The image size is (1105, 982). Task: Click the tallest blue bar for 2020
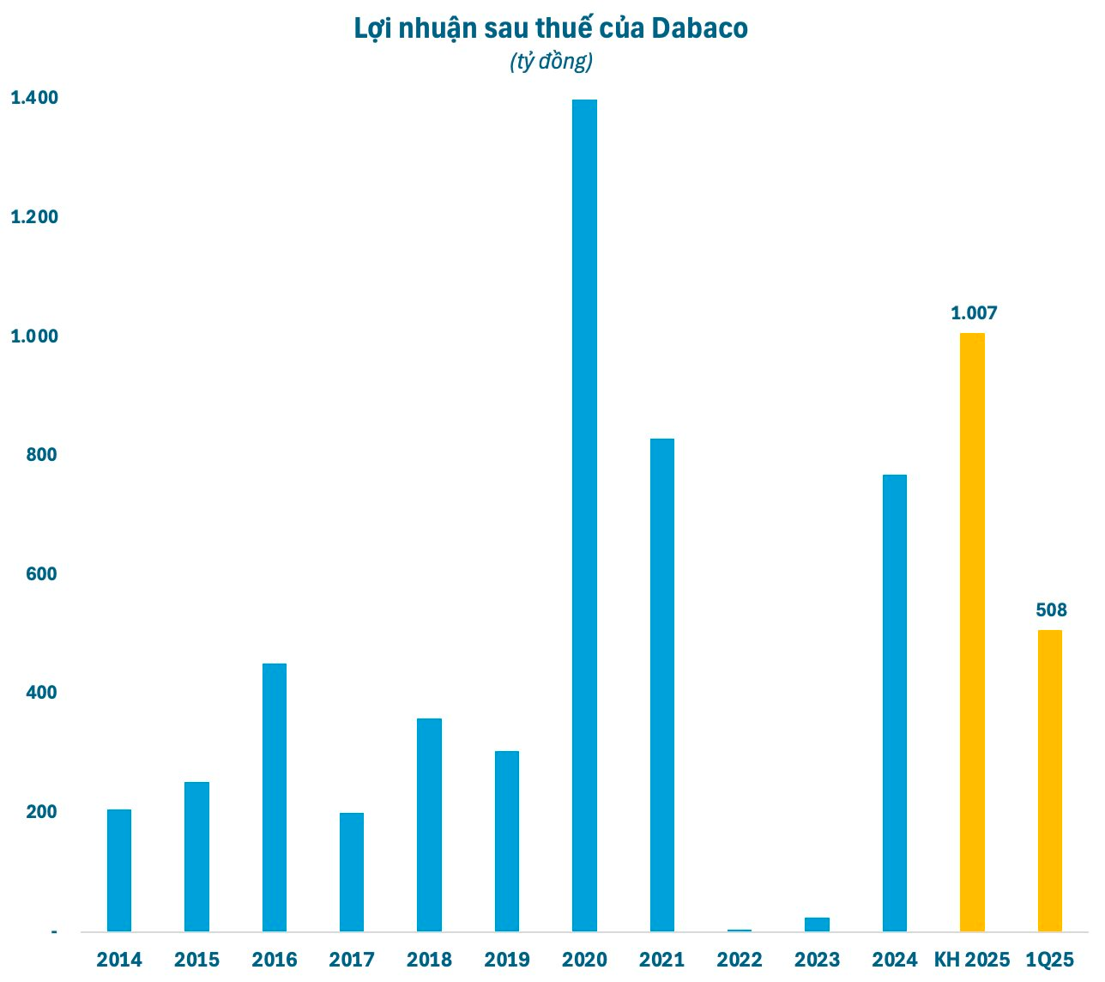(584, 515)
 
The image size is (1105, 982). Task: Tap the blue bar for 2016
(274, 797)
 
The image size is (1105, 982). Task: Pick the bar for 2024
(894, 703)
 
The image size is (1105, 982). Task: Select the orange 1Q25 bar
(1050, 780)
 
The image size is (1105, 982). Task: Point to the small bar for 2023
(817, 924)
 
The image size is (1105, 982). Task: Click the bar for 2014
(119, 870)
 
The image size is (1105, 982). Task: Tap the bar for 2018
(429, 825)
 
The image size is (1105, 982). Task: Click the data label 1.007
(974, 313)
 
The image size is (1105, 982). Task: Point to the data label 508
(1051, 610)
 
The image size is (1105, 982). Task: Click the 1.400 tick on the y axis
(34, 98)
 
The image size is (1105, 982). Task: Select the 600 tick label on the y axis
(42, 574)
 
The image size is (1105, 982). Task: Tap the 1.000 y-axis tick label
(34, 336)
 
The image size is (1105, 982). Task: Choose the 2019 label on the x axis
(507, 960)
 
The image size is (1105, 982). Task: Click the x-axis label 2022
(740, 960)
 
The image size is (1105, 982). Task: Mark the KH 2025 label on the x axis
(972, 960)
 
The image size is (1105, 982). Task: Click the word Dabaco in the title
(699, 28)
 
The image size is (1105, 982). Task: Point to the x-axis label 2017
(352, 960)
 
